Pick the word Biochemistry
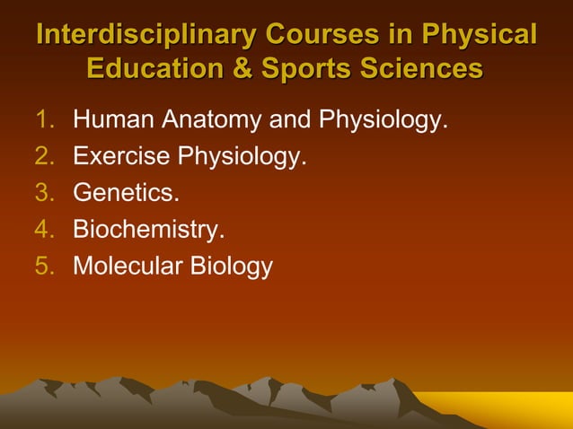click(x=148, y=231)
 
